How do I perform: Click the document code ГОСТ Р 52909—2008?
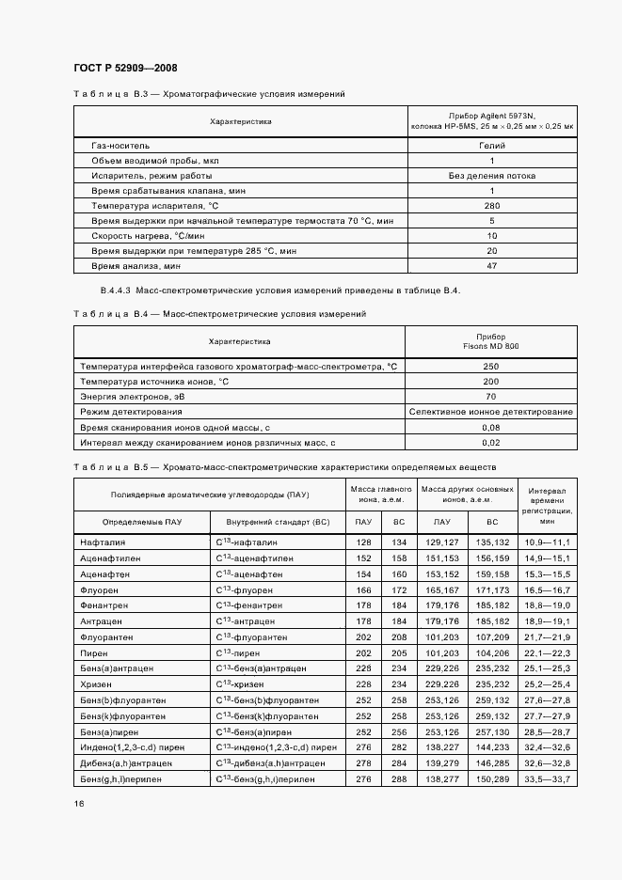click(125, 68)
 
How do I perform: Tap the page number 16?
click(78, 804)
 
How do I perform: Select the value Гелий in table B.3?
click(491, 146)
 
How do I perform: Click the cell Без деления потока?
click(491, 176)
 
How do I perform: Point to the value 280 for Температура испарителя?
click(491, 205)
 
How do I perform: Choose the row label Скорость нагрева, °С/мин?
click(138, 235)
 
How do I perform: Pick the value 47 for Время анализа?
click(491, 265)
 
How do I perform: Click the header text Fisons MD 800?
click(491, 346)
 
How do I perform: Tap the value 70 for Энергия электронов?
click(491, 397)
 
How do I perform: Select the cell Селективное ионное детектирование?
click(491, 412)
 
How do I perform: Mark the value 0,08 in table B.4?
click(491, 427)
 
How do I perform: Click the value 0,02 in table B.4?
click(491, 442)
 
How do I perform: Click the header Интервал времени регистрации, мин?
click(547, 505)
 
